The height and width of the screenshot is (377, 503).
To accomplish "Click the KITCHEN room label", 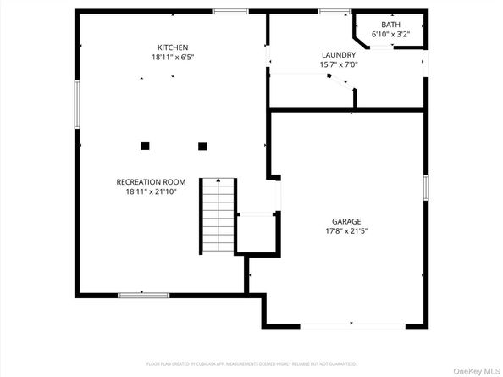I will (172, 47).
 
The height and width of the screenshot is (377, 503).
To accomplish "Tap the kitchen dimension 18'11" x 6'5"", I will (172, 57).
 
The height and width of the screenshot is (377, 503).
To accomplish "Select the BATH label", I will (390, 25).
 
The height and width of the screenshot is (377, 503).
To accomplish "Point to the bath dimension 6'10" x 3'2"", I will (390, 35).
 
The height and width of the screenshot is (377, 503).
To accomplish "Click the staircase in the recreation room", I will (218, 216).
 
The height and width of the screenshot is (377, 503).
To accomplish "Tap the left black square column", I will (145, 146).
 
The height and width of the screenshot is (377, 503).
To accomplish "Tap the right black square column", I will (202, 146).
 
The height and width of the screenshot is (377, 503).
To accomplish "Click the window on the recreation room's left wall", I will (76, 103).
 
